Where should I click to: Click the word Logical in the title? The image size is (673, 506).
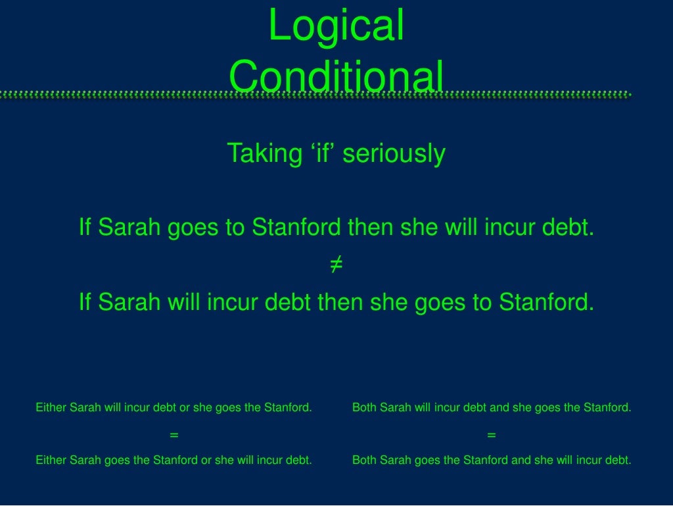336,26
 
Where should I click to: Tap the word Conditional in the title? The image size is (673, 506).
336,76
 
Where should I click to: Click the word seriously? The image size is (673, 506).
394,153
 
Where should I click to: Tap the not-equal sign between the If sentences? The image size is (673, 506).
336,265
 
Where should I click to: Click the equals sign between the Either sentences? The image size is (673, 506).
174,435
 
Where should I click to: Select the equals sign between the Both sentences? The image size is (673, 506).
492,435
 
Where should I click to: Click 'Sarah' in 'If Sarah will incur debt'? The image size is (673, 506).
129,303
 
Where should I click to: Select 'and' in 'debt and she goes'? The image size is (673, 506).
499,407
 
